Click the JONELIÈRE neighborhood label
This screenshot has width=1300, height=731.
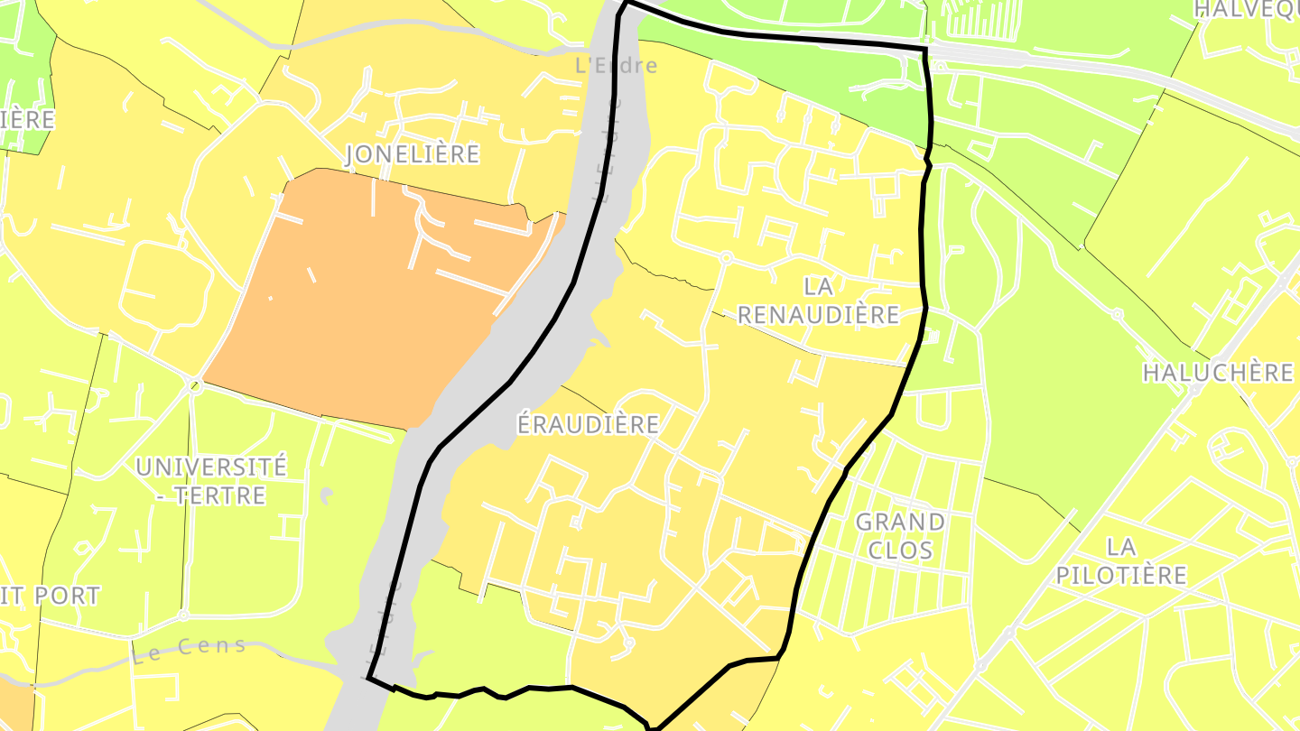tap(413, 154)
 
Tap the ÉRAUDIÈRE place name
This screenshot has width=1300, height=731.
tap(588, 424)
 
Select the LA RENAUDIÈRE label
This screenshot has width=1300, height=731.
tap(819, 301)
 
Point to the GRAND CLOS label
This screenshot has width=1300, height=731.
tap(900, 535)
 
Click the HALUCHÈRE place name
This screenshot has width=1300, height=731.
tap(1218, 373)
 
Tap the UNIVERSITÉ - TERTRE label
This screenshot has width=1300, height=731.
tap(211, 480)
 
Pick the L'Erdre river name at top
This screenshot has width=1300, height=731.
tap(617, 66)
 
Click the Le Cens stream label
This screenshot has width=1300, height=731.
tap(189, 650)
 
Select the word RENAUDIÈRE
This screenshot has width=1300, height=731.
tap(819, 315)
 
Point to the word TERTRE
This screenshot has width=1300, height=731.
tap(221, 495)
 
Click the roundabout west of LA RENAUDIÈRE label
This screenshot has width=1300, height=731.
tap(725, 258)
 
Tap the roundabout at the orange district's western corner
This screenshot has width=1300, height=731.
tap(195, 386)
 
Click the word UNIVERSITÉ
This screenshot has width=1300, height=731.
tap(211, 467)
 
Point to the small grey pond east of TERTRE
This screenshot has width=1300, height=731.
tap(327, 495)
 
